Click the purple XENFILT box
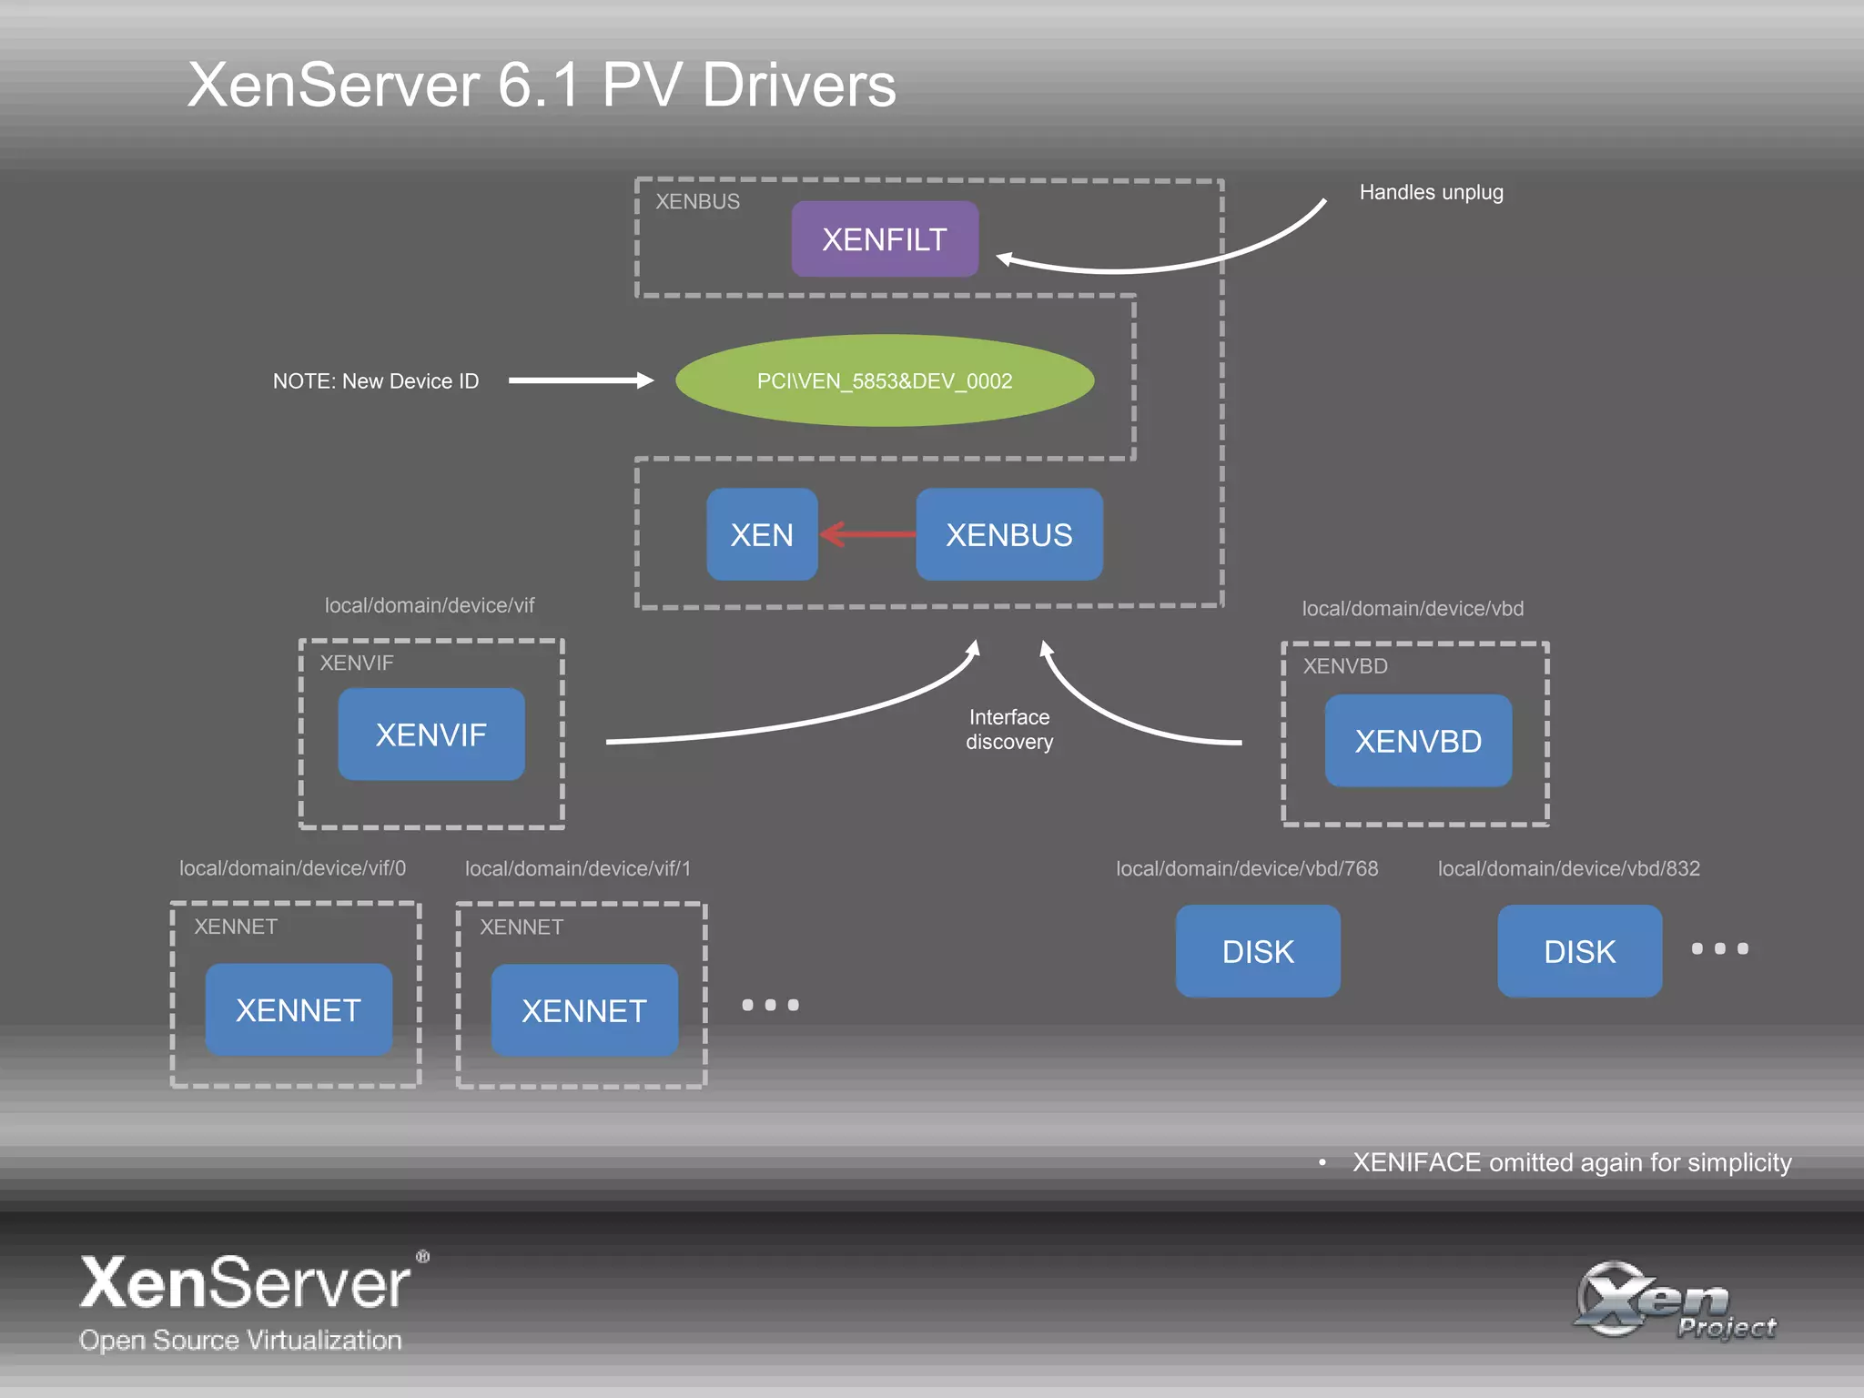tap(885, 239)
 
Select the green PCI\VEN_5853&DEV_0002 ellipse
tap(885, 380)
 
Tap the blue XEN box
tap(762, 534)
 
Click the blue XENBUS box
tap(1008, 534)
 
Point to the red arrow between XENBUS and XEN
tap(868, 534)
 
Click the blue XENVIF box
tap(431, 734)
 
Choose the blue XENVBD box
tap(1418, 741)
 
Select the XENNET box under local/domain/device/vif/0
tap(299, 1009)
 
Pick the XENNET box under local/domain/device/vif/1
tap(584, 1010)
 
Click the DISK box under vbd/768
tap(1258, 951)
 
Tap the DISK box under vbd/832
tap(1579, 951)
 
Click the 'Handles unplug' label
tap(1431, 193)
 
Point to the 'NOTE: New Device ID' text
tap(376, 381)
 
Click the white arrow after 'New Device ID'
tap(581, 380)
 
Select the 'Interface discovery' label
tap(1009, 729)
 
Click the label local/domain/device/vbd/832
tap(1568, 868)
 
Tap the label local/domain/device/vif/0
tap(292, 868)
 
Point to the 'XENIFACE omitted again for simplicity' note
tap(1571, 1162)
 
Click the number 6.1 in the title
tap(539, 86)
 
